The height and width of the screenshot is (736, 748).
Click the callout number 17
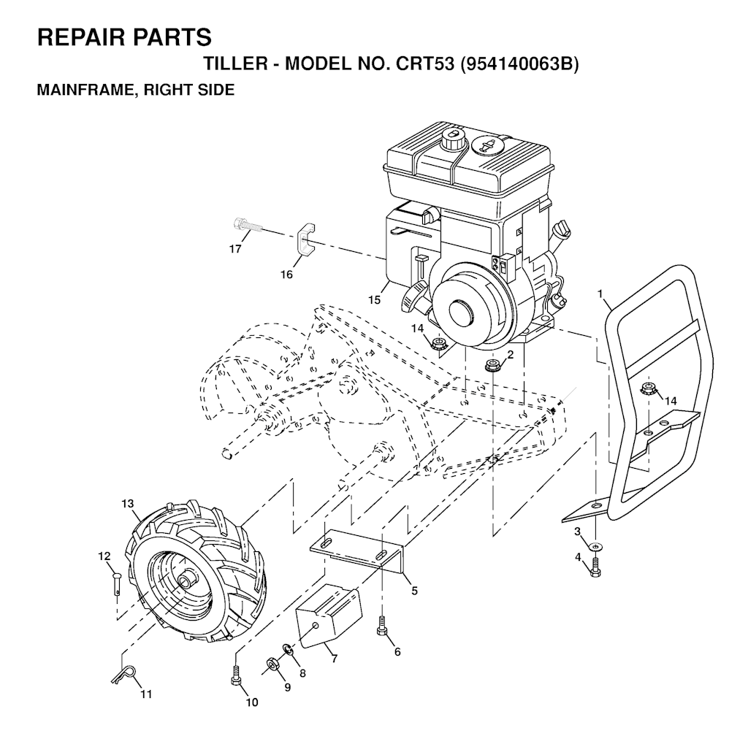(x=235, y=249)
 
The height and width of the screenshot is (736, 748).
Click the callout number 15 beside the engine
(x=375, y=300)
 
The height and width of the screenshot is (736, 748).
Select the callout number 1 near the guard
(x=600, y=294)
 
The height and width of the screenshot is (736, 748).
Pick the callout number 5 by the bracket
(x=414, y=590)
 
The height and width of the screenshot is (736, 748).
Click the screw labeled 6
(x=381, y=626)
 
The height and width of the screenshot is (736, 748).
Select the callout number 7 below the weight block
(x=334, y=659)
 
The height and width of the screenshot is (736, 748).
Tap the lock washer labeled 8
(x=289, y=648)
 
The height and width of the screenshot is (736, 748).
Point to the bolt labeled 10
(x=235, y=675)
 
